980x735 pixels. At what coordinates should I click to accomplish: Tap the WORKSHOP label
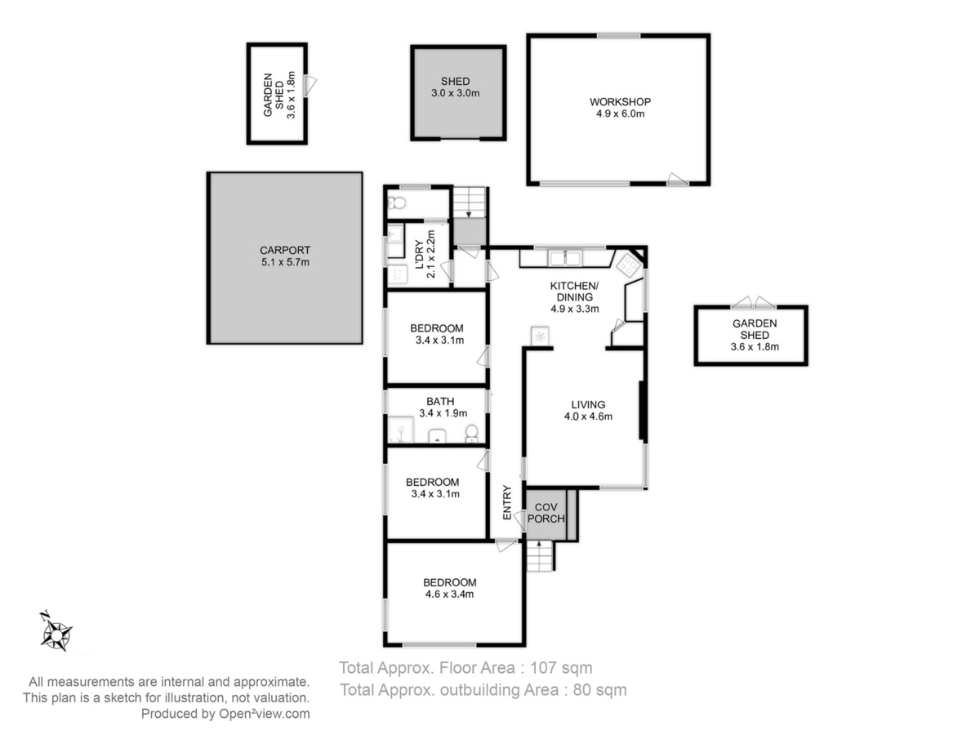point(620,102)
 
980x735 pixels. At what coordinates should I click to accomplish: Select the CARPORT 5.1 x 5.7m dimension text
point(285,262)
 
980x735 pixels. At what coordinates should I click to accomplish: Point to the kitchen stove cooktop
point(630,266)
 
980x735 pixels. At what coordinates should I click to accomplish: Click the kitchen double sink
point(565,258)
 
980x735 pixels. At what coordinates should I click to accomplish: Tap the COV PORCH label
point(546,513)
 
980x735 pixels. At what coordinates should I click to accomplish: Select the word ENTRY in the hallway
point(507,502)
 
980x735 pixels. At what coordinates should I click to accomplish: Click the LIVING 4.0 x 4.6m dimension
point(588,416)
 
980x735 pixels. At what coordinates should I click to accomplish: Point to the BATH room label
point(440,401)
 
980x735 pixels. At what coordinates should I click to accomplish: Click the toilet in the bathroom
point(471,433)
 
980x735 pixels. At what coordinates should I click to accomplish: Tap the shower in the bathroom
point(400,430)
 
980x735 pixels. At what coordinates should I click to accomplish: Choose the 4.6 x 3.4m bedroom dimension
point(450,594)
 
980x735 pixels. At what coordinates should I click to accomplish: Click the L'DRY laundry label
point(419,254)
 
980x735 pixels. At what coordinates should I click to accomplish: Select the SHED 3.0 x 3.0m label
point(456,87)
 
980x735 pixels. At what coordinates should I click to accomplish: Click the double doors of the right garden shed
point(754,302)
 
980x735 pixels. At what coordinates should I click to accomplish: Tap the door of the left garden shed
point(310,85)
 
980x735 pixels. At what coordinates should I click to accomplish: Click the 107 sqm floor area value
point(561,668)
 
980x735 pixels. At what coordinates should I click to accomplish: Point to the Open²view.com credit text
point(264,714)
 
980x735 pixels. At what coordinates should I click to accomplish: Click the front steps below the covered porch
point(541,556)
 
